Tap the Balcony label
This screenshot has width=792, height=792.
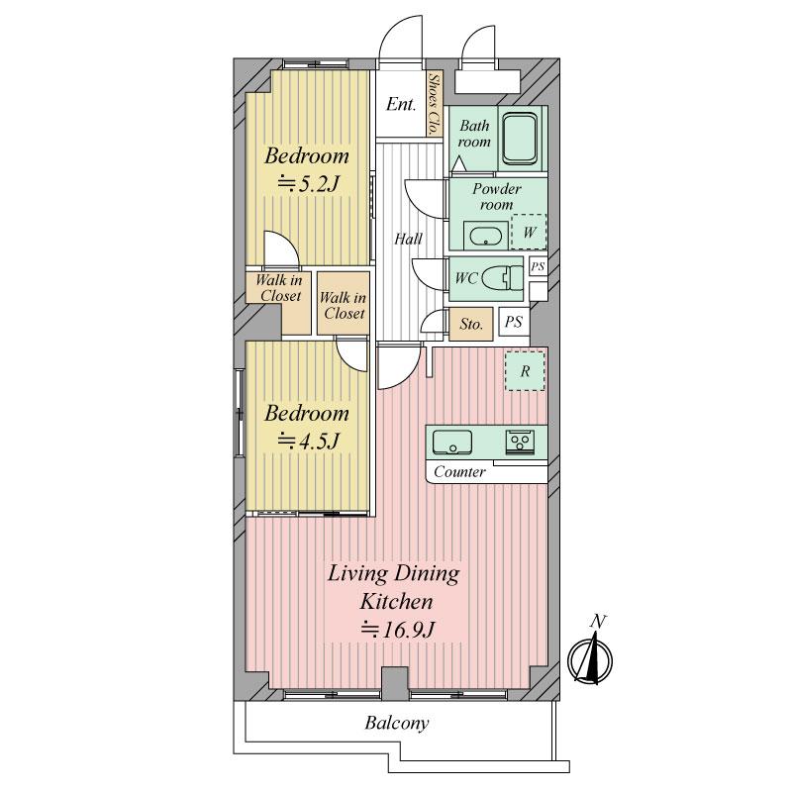396,724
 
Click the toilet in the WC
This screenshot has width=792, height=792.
507,276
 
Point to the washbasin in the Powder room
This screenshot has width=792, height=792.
485,236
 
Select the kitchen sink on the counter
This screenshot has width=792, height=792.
453,441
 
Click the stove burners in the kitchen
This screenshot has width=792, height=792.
521,442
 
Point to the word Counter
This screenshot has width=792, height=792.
460,472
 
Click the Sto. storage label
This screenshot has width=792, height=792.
472,324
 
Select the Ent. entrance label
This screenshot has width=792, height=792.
400,105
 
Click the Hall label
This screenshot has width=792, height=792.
408,239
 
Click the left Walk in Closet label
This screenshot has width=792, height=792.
278,288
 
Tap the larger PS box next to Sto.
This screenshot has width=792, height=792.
513,321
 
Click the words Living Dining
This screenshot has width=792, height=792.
394,574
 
